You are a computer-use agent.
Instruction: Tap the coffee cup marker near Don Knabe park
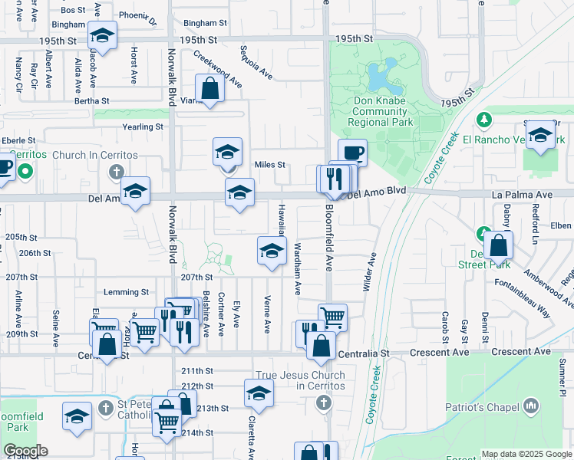tap(352, 152)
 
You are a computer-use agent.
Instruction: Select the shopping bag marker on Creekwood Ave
tap(209, 88)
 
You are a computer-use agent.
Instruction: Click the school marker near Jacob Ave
tap(101, 35)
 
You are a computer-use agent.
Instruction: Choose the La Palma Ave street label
tap(522, 195)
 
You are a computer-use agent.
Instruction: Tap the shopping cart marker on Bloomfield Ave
tap(332, 316)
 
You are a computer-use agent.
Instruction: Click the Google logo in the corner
tap(25, 450)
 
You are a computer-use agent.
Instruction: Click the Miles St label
tap(269, 165)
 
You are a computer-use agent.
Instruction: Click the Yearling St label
tap(143, 127)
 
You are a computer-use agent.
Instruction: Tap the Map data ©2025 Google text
tap(526, 454)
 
